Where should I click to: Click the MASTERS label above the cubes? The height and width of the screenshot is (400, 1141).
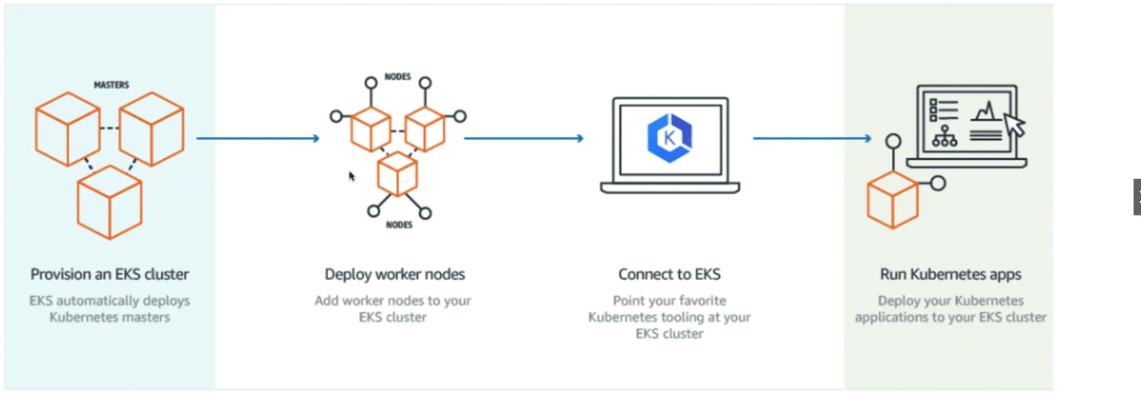pyautogui.click(x=111, y=85)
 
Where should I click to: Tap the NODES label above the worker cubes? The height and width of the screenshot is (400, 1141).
pyautogui.click(x=398, y=76)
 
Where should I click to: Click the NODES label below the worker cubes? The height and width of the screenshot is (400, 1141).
pyautogui.click(x=399, y=225)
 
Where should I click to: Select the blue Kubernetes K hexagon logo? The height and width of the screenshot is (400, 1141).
pyautogui.click(x=670, y=138)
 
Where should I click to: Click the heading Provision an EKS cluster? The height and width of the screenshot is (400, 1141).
pyautogui.click(x=110, y=274)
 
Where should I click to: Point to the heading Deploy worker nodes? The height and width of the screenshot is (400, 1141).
pyautogui.click(x=395, y=274)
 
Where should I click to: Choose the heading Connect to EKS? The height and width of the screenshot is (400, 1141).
pyautogui.click(x=670, y=274)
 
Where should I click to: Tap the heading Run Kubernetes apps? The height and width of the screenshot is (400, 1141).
pyautogui.click(x=950, y=274)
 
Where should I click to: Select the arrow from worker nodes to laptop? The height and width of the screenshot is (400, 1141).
pyautogui.click(x=523, y=138)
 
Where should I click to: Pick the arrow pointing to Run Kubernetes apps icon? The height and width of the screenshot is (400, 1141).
pyautogui.click(x=812, y=138)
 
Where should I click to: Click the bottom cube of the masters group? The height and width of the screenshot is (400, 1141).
pyautogui.click(x=110, y=202)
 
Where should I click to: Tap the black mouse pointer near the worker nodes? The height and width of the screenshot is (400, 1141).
pyautogui.click(x=352, y=176)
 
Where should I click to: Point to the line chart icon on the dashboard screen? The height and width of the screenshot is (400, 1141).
pyautogui.click(x=986, y=111)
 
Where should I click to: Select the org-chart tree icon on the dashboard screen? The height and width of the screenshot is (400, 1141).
pyautogui.click(x=945, y=136)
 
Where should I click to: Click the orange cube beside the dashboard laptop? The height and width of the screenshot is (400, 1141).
pyautogui.click(x=892, y=200)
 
